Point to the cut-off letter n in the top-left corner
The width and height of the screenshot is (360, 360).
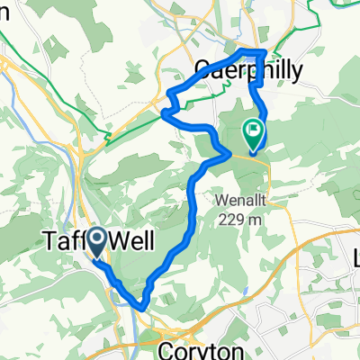(x=4, y=6)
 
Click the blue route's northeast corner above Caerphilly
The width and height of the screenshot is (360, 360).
(x=263, y=53)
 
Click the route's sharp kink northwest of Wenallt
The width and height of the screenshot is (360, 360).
(x=223, y=154)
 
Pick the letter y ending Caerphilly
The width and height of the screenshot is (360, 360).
(x=294, y=72)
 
